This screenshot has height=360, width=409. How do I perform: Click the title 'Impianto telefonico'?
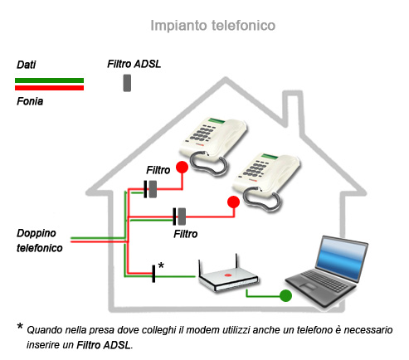pyautogui.click(x=212, y=26)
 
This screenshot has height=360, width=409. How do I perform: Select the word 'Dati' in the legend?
pyautogui.click(x=27, y=65)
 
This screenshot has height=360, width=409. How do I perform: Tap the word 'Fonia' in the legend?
pyautogui.click(x=30, y=101)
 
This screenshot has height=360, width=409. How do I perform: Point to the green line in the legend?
pyautogui.click(x=50, y=80)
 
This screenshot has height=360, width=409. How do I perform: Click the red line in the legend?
pyautogui.click(x=50, y=87)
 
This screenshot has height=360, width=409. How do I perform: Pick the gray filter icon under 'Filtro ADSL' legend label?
pyautogui.click(x=127, y=83)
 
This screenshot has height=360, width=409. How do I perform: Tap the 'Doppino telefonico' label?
pyautogui.click(x=39, y=241)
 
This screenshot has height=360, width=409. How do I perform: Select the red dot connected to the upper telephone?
pyautogui.click(x=179, y=170)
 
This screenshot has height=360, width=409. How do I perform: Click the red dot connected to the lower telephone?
pyautogui.click(x=233, y=202)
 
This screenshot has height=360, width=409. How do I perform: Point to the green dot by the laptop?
pyautogui.click(x=285, y=295)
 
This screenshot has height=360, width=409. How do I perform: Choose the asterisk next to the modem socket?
pyautogui.click(x=161, y=265)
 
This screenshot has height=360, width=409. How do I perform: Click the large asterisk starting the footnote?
pyautogui.click(x=20, y=328)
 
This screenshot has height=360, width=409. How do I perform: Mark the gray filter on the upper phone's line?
pyautogui.click(x=153, y=189)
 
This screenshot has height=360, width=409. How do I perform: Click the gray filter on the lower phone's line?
pyautogui.click(x=181, y=216)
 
